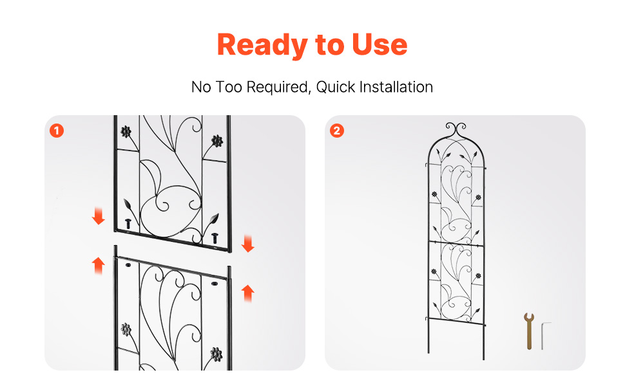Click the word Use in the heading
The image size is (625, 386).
tap(380, 44)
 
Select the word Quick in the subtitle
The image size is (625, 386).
tap(335, 87)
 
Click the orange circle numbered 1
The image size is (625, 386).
tap(57, 131)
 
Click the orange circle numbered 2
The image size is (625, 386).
tap(337, 131)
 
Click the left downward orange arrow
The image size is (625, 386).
tap(98, 216)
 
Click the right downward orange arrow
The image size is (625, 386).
tap(248, 244)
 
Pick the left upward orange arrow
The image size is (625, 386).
tap(98, 266)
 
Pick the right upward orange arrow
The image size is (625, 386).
tap(248, 293)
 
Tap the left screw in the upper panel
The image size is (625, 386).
tap(128, 224)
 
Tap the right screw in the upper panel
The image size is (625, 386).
tap(215, 238)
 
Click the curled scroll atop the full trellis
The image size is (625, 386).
tap(456, 129)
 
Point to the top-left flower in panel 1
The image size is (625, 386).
tap(126, 131)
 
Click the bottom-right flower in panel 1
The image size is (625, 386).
tap(216, 354)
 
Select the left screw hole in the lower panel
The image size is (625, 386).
tap(128, 264)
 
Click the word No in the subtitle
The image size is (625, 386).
tap(201, 87)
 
